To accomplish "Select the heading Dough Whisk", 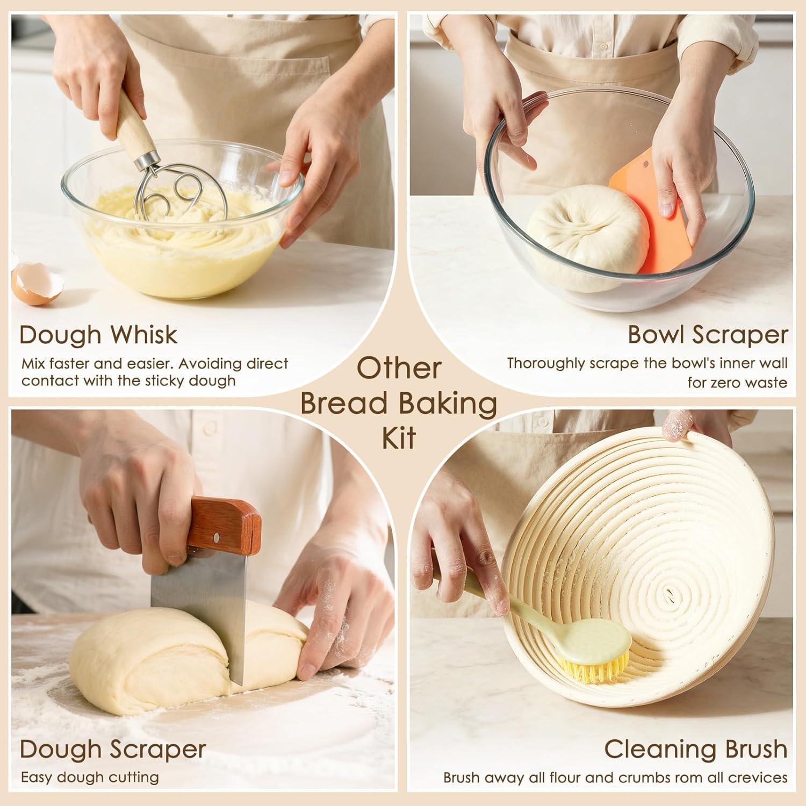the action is point(98,335).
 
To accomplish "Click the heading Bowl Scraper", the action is point(708,335).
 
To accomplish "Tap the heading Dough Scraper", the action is point(113,749).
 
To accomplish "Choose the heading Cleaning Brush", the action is point(696,749).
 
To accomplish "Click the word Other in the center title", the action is point(399,369).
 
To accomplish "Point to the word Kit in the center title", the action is point(399,438).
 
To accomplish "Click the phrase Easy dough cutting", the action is point(90,778).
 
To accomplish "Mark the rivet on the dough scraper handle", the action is point(217,536).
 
